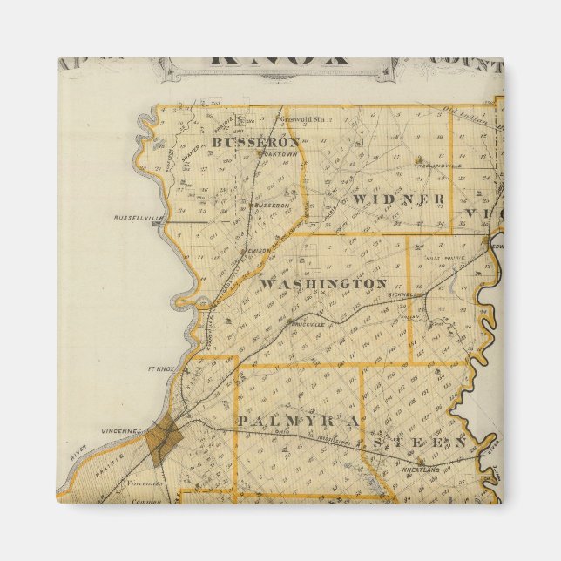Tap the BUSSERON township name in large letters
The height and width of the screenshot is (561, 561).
[255, 141]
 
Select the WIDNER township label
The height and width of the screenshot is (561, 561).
[399, 199]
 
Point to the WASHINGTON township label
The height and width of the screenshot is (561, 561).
[323, 284]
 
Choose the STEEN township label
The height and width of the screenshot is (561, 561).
[419, 443]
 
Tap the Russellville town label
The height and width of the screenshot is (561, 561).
[133, 218]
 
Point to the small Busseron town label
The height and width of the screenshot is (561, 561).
[270, 206]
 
